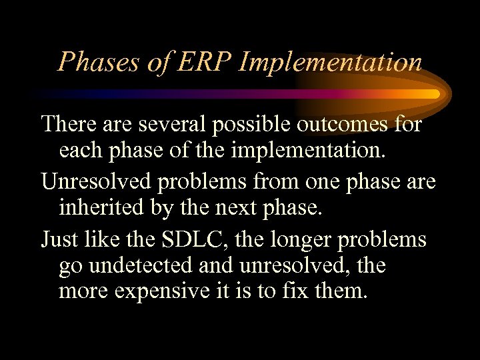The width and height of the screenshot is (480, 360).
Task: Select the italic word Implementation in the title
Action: pyautogui.click(x=330, y=63)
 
